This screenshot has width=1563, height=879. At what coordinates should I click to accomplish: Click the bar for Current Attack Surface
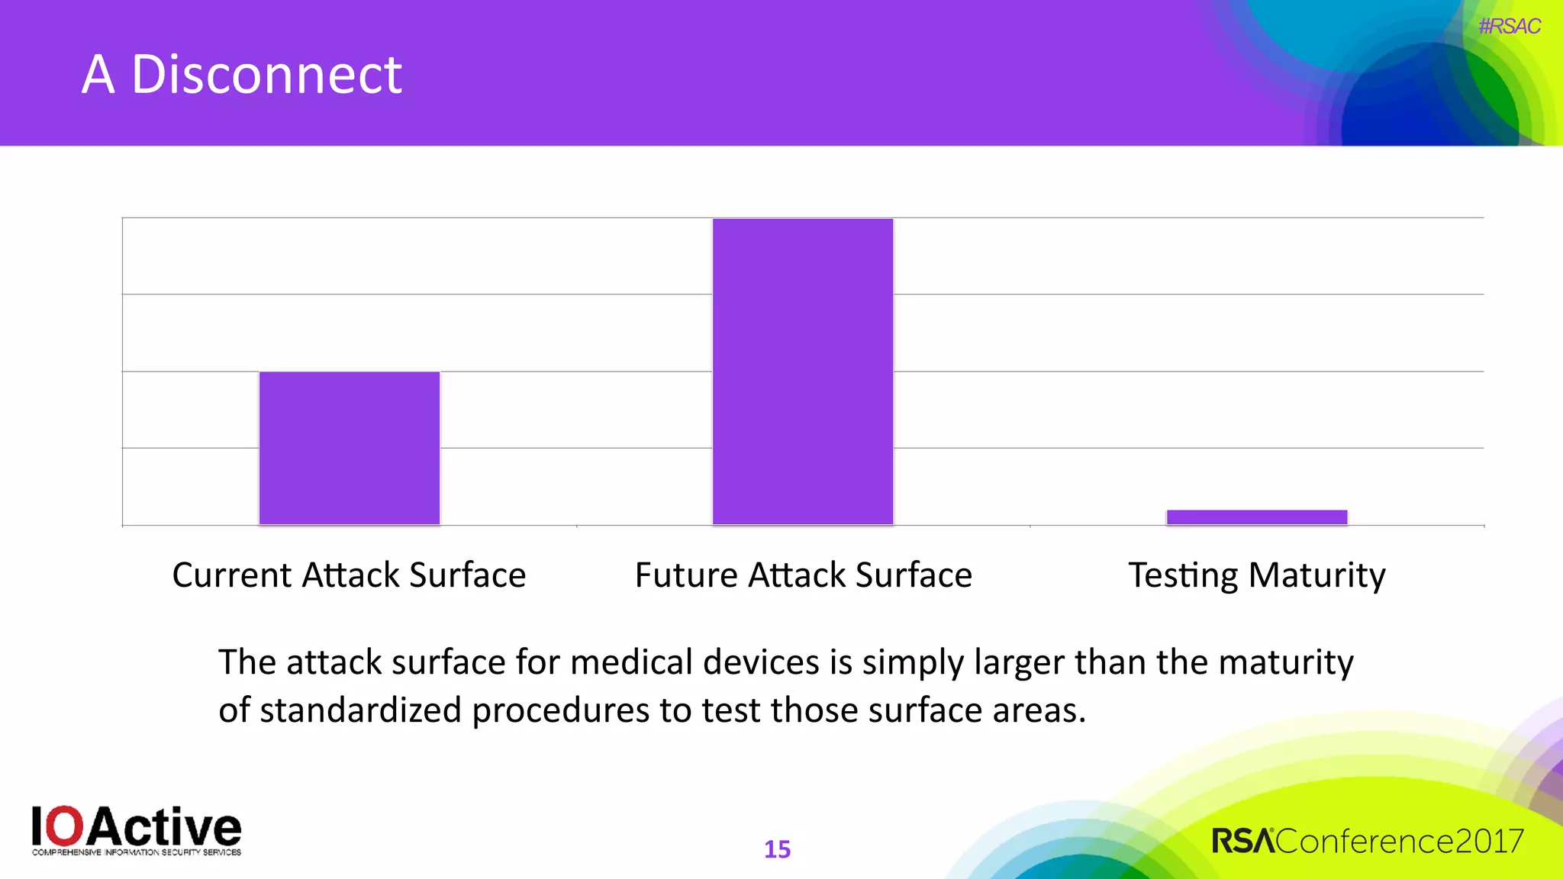350,448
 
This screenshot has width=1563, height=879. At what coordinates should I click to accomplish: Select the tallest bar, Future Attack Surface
803,372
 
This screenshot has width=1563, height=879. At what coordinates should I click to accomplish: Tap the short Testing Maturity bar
1257,517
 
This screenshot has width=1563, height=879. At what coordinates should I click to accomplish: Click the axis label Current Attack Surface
349,575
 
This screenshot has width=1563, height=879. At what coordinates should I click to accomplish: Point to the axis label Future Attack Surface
803,575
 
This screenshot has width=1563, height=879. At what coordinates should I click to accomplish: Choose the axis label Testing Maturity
1257,575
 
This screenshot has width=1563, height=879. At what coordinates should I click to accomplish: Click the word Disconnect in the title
266,75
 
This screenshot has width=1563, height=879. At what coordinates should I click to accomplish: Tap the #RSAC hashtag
1509,27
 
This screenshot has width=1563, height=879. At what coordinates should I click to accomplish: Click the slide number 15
777,849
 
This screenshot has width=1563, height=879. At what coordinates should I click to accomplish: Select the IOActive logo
137,829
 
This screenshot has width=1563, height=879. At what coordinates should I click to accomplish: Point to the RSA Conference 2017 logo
1367,841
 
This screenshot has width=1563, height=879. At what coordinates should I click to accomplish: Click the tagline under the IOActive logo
137,852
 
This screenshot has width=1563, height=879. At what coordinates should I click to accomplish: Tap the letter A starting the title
98,75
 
